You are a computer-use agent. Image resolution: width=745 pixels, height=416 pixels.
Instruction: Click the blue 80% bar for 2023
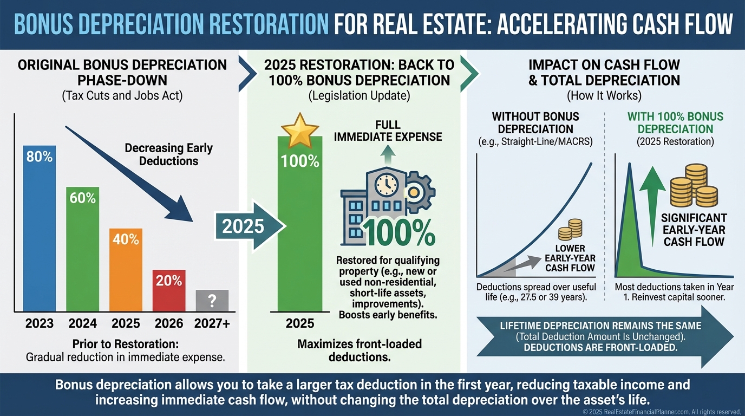point(39,227)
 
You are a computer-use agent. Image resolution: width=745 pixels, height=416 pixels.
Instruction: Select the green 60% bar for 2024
point(82,249)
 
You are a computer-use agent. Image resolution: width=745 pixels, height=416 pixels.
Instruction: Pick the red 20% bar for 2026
point(169,290)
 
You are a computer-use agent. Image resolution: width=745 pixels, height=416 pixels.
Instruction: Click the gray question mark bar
point(212,301)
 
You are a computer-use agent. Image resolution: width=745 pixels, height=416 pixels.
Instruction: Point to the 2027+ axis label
point(212,323)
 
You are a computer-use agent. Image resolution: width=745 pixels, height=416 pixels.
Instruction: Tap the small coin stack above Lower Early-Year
point(570,230)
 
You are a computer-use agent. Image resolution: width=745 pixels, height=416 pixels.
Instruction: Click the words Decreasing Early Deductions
point(168,154)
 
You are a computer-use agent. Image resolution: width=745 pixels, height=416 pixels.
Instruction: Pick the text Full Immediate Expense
point(388,131)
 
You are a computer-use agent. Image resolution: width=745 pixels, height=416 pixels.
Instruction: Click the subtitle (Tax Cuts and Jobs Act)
point(122,96)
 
